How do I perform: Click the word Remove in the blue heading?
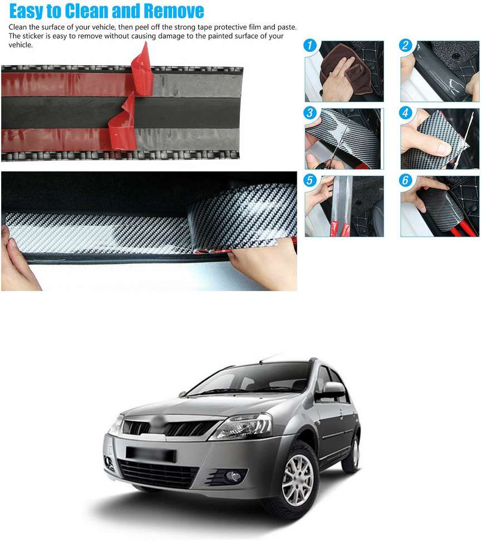click(174, 11)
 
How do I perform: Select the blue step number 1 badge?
click(310, 46)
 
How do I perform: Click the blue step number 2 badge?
click(406, 46)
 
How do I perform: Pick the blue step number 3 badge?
click(310, 113)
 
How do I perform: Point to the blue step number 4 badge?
click(406, 113)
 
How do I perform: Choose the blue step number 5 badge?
click(310, 180)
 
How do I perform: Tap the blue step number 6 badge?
click(406, 180)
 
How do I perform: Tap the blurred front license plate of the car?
click(151, 454)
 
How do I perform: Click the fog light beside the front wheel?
click(233, 476)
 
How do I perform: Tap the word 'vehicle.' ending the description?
click(21, 45)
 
